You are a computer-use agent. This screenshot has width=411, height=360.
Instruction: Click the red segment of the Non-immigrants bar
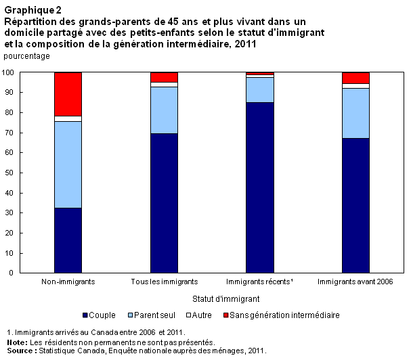[68, 94]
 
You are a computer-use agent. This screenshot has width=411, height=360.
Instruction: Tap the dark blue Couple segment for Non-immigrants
[68, 240]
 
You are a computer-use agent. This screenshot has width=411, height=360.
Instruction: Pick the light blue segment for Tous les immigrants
[164, 110]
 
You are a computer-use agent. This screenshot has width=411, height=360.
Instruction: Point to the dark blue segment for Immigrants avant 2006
[355, 206]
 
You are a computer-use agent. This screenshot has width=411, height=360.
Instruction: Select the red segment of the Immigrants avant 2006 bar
[355, 78]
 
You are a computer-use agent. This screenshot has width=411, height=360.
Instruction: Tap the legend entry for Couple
[98, 315]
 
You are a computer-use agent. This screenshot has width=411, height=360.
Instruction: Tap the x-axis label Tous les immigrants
[164, 282]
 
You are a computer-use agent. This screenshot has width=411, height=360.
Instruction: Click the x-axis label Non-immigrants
[68, 282]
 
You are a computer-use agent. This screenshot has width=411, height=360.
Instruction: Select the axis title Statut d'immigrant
[212, 298]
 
